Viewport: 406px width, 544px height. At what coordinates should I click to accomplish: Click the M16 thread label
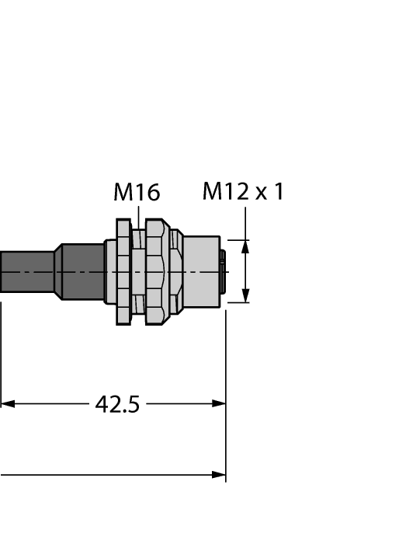click(137, 192)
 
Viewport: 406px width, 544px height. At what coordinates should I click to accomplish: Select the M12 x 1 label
click(242, 191)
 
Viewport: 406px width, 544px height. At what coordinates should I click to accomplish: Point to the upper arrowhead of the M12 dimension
click(245, 248)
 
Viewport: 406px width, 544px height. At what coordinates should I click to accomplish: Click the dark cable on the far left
click(23, 272)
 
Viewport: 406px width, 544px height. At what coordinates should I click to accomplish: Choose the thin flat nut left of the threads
click(123, 272)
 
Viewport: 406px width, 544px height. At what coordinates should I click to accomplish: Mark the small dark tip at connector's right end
click(224, 271)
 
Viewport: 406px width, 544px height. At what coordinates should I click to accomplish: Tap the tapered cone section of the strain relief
click(57, 272)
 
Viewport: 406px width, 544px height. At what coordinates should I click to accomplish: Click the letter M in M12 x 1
click(213, 191)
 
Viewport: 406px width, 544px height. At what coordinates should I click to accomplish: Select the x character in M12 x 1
click(260, 194)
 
